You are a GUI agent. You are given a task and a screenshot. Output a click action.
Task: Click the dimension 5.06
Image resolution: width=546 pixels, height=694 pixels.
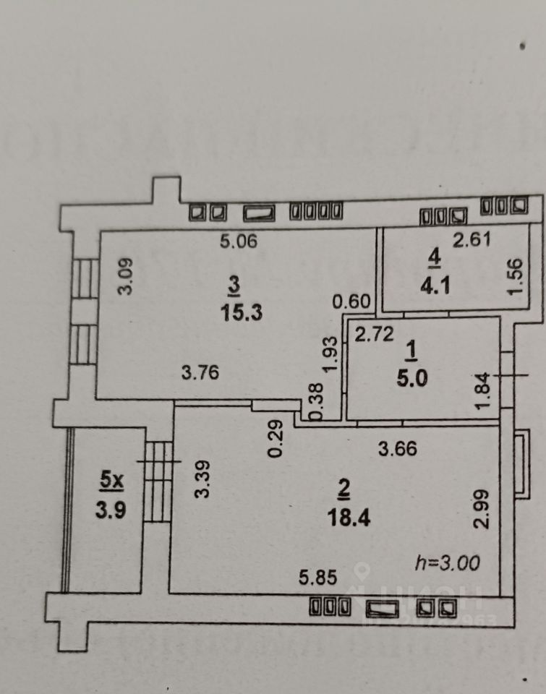pyautogui.click(x=239, y=242)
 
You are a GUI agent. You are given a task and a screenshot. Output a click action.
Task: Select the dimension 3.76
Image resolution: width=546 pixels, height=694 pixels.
pyautogui.click(x=200, y=373)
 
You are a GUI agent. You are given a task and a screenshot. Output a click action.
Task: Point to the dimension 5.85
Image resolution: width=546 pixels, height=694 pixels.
pyautogui.click(x=320, y=578)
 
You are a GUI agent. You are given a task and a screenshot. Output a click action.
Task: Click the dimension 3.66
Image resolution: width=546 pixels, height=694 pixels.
pyautogui.click(x=398, y=448)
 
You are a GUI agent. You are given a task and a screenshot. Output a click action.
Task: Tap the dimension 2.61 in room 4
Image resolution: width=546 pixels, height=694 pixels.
pyautogui.click(x=472, y=240)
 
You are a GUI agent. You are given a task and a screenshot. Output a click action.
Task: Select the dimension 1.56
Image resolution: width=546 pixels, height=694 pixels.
pyautogui.click(x=514, y=276)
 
